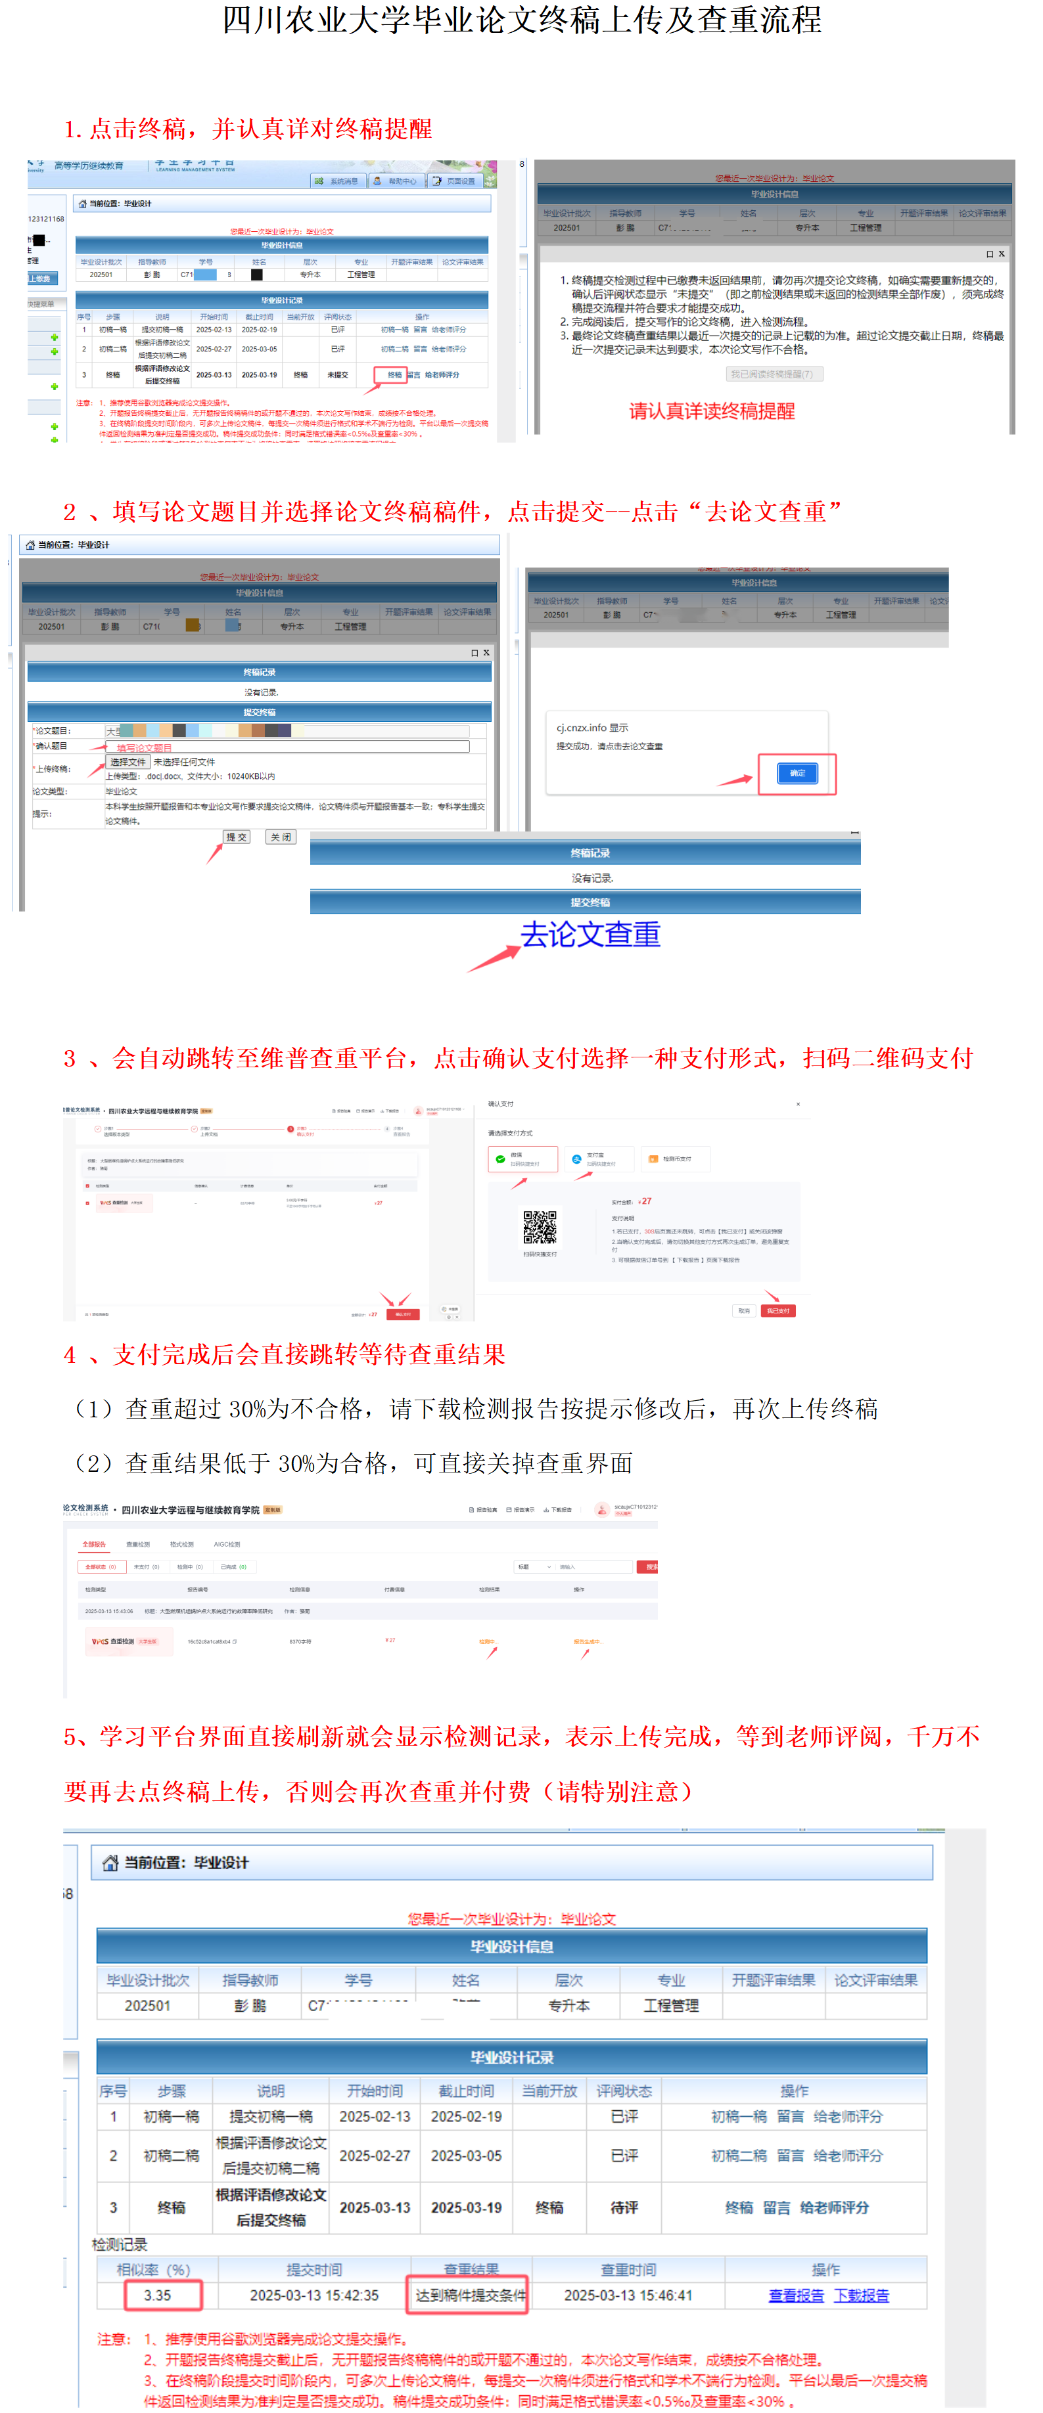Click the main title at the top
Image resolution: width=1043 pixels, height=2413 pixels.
[x=521, y=20]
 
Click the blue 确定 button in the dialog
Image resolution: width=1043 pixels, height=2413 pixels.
[x=797, y=773]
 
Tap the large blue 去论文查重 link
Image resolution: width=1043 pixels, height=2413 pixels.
[x=590, y=934]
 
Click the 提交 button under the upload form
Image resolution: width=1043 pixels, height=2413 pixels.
[x=236, y=837]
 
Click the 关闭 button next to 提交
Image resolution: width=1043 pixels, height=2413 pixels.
[x=280, y=837]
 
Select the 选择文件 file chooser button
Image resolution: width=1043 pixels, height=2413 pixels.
[x=127, y=762]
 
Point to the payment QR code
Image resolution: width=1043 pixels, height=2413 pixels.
[x=539, y=1226]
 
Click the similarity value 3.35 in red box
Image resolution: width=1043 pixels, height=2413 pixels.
[x=158, y=2295]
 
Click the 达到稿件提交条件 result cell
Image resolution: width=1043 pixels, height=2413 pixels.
[x=471, y=2295]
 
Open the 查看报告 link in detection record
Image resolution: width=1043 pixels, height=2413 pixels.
[x=796, y=2295]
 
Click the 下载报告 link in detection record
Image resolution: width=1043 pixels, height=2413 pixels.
[x=861, y=2295]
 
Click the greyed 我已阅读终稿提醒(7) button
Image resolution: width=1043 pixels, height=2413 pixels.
[x=774, y=374]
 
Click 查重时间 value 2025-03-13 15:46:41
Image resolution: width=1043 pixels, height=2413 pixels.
[x=628, y=2295]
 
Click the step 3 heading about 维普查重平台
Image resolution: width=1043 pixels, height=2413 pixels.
[x=519, y=1059]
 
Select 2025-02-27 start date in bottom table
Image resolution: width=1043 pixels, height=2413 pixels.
[x=374, y=2156]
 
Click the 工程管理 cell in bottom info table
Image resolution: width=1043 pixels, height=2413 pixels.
[x=670, y=2006]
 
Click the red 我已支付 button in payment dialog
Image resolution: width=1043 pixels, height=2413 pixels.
[x=777, y=1310]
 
